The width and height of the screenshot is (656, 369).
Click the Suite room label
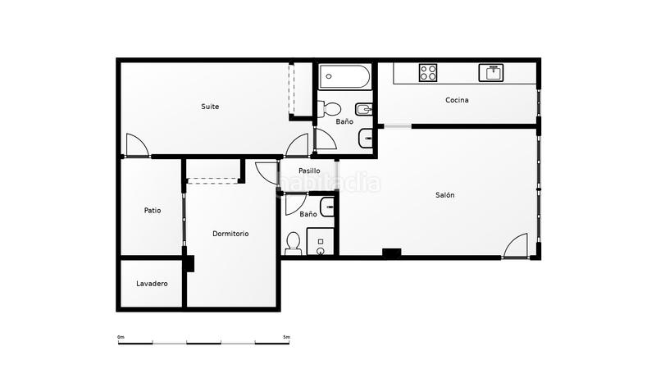tap(211, 107)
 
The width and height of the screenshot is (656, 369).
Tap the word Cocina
tap(457, 100)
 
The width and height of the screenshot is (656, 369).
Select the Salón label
tap(444, 195)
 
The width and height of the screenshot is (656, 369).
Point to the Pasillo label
tap(309, 171)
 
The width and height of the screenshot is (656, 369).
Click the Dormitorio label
tap(230, 234)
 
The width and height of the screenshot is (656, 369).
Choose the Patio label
tap(153, 211)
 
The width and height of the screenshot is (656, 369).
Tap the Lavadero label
tap(152, 284)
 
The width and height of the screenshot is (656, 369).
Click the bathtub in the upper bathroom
tap(344, 78)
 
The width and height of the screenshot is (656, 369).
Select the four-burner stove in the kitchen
tap(428, 72)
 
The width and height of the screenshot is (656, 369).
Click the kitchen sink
tap(493, 72)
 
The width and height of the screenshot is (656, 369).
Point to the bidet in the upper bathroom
tap(362, 109)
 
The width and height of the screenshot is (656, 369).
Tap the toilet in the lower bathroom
tap(294, 242)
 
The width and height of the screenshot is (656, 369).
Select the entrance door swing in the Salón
tap(516, 246)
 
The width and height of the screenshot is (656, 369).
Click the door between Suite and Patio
tap(138, 146)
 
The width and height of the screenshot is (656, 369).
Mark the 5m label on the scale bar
tap(285, 337)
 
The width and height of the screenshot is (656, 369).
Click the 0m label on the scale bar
tap(121, 337)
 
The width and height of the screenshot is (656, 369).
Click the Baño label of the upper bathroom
tap(344, 121)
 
